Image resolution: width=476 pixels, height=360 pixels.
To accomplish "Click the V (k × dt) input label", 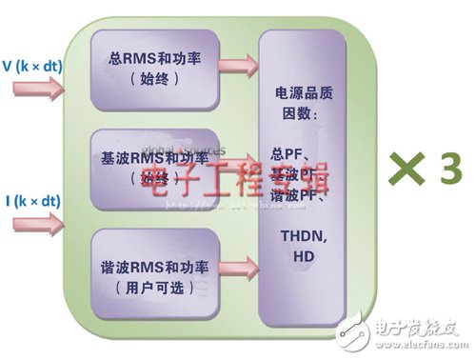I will (33, 68).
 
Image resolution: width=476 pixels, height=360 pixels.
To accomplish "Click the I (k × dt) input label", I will (33, 201).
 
